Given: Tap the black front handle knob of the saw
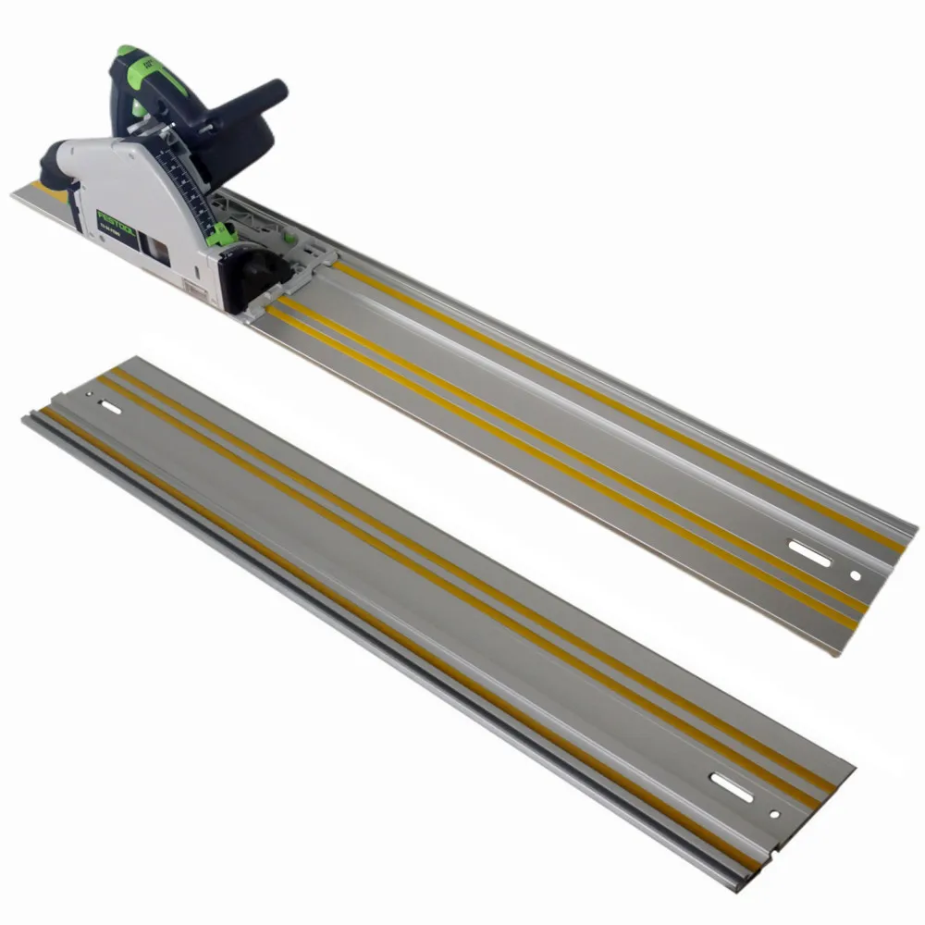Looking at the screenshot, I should point(264,94).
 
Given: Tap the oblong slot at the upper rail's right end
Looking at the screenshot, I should point(808,552).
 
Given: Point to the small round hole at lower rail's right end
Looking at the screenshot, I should point(775,815).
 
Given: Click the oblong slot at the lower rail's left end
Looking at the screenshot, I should point(110,407).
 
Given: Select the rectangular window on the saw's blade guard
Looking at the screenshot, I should point(160,249).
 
